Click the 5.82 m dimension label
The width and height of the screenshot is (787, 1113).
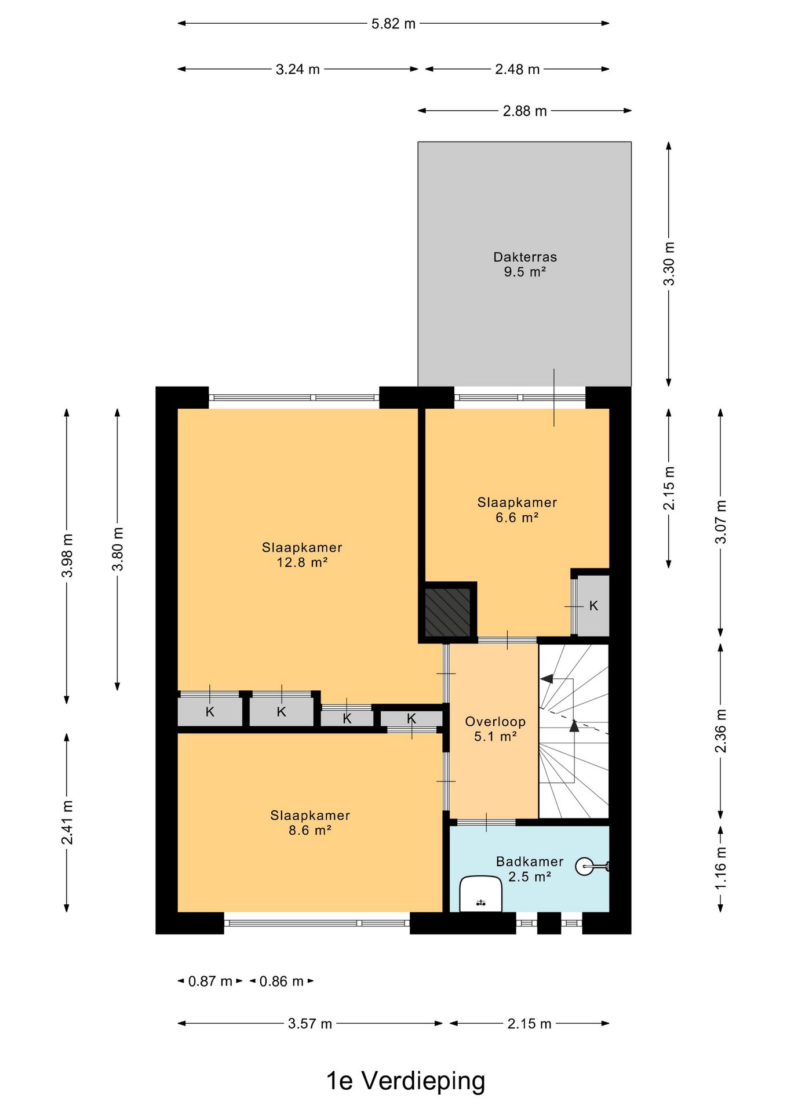coord(394,24)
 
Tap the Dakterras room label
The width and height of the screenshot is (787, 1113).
coord(525,257)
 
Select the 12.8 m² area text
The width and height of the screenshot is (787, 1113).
coord(302,562)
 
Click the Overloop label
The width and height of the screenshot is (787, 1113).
coord(495,722)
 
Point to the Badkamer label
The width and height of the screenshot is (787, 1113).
coord(530,861)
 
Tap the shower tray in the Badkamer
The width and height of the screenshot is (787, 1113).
coord(480,894)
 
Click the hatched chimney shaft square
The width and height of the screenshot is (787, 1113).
coord(447,612)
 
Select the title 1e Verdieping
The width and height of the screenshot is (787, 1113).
coord(406,1081)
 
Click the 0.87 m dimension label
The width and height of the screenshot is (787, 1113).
coord(210,981)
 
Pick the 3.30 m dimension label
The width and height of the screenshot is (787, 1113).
coord(669,264)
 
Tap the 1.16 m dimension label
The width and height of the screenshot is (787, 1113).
coord(720,868)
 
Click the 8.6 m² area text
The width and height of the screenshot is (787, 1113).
coord(310,830)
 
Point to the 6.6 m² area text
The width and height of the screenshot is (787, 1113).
coord(517,517)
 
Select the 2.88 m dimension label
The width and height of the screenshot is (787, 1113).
coord(524,111)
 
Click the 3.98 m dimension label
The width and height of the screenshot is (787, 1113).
coord(67,556)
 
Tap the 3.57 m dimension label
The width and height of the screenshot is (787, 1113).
coord(310,1024)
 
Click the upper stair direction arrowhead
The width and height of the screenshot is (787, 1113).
coord(546,679)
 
